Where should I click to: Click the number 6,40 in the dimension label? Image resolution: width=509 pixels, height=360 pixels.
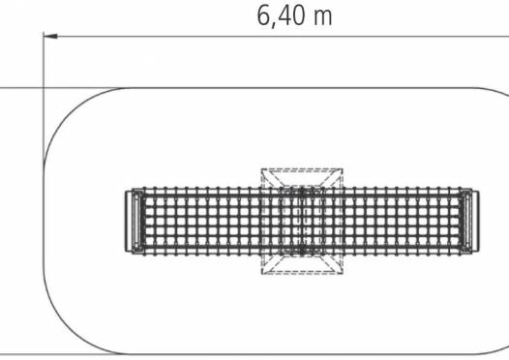pyautogui.click(x=282, y=16)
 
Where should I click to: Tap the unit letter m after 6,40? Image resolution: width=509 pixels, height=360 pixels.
pyautogui.click(x=323, y=18)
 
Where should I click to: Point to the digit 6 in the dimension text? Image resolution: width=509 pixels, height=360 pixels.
pyautogui.click(x=263, y=15)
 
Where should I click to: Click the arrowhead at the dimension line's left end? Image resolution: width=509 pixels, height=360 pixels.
pyautogui.click(x=50, y=36)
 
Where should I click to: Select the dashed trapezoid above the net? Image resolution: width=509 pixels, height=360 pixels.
pyautogui.click(x=302, y=177)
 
